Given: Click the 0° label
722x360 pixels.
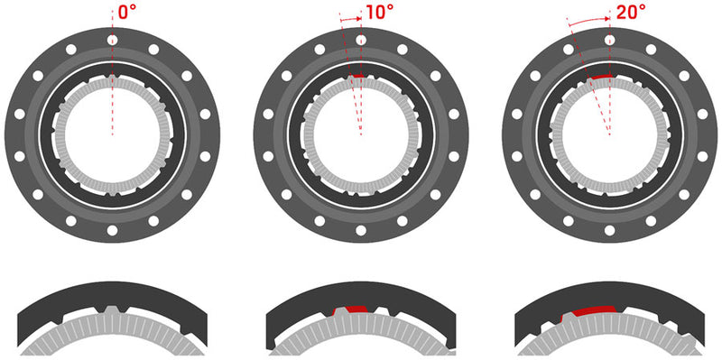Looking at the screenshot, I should [x=127, y=14].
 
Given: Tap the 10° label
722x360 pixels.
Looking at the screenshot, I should [x=378, y=14].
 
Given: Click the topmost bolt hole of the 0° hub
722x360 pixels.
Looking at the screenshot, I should [x=112, y=41].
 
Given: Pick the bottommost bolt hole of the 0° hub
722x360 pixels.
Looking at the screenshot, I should [x=112, y=231].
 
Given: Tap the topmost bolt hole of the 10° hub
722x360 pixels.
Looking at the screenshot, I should [x=361, y=41].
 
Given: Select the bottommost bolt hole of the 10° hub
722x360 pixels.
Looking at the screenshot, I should [x=361, y=231].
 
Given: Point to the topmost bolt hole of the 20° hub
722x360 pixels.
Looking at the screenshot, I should [x=610, y=41].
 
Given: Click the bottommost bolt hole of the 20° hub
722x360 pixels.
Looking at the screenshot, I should [x=610, y=231].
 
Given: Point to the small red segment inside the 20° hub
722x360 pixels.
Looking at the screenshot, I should [x=598, y=78].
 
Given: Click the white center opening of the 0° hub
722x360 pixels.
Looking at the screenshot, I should [x=112, y=135].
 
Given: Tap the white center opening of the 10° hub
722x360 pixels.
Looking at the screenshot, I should [x=361, y=135].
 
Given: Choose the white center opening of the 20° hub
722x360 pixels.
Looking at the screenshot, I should [x=610, y=135].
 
